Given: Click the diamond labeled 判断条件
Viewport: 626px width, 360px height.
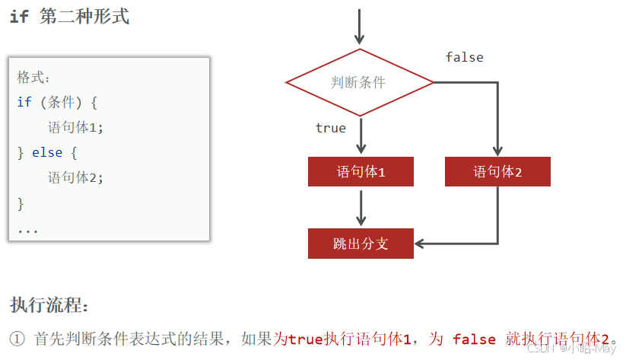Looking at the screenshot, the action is point(359,82).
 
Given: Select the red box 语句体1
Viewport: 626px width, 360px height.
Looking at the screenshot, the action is point(361,172).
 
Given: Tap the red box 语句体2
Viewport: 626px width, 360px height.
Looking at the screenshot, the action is point(497,172).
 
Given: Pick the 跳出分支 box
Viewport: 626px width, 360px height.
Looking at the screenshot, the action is point(361,244).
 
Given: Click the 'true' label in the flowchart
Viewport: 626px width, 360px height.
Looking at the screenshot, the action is point(330,128).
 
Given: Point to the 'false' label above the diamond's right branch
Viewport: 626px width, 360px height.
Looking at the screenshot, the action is point(464,57).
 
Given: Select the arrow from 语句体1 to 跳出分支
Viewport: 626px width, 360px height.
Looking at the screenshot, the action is point(361,206).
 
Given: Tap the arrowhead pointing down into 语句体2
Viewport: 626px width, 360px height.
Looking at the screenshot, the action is point(497,150).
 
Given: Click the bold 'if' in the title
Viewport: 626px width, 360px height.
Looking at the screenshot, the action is point(19,17).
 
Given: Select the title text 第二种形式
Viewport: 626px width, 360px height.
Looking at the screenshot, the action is point(84,17).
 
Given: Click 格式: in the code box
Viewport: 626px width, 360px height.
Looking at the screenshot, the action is point(33,78).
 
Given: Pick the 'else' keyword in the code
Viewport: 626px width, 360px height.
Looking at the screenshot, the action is point(47,153).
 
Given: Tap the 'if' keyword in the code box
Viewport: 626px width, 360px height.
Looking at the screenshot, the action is point(24,102).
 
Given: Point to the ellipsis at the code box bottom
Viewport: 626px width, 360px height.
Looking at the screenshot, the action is point(27,229).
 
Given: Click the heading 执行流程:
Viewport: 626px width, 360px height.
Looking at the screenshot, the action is point(49,306).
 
